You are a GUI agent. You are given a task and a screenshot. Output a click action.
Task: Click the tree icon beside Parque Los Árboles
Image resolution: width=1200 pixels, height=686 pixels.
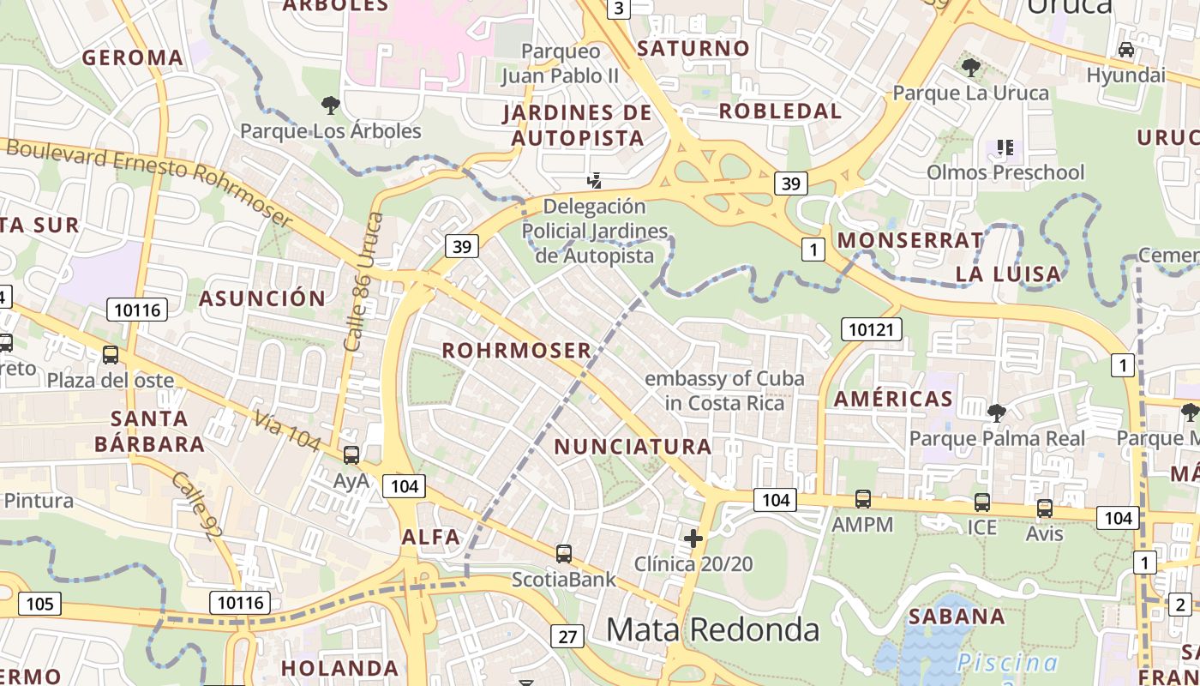click(330, 105)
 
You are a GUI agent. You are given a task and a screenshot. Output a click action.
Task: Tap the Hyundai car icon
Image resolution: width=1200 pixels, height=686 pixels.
click(1126, 50)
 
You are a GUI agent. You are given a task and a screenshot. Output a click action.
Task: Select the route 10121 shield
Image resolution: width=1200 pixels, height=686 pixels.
click(872, 328)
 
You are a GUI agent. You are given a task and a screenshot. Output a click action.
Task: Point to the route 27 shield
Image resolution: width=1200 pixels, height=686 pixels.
click(567, 636)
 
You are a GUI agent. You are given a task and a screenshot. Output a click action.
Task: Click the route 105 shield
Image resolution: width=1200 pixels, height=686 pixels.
click(39, 604)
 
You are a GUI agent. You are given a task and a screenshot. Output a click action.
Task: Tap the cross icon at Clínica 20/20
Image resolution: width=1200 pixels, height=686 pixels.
click(693, 539)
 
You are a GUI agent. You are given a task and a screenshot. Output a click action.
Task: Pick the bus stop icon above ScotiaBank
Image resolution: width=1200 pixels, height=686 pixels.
click(563, 554)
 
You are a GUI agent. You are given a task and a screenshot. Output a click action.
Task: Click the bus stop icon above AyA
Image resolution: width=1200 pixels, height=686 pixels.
click(351, 455)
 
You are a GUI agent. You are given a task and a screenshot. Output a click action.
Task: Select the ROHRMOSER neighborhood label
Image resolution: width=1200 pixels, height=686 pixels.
click(517, 350)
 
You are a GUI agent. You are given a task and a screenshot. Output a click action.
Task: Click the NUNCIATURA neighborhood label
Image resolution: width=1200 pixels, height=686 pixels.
click(633, 446)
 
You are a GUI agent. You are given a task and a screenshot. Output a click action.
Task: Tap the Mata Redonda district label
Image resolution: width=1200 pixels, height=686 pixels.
click(712, 629)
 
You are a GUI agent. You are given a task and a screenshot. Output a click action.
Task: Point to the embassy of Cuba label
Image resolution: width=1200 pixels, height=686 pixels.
click(724, 390)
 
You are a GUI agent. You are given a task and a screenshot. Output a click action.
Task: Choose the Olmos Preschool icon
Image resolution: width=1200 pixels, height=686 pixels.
click(1005, 147)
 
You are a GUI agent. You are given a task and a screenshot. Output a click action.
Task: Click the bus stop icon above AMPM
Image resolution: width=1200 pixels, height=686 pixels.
click(862, 499)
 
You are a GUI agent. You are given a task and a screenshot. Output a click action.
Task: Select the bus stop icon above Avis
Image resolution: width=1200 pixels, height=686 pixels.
click(1044, 508)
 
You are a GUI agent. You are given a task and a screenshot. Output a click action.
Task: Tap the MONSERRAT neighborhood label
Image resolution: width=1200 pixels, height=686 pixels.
click(910, 240)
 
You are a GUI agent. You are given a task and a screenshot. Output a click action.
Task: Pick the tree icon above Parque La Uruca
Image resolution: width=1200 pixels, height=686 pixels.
click(971, 67)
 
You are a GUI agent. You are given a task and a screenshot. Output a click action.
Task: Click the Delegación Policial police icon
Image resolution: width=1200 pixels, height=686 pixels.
click(594, 180)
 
